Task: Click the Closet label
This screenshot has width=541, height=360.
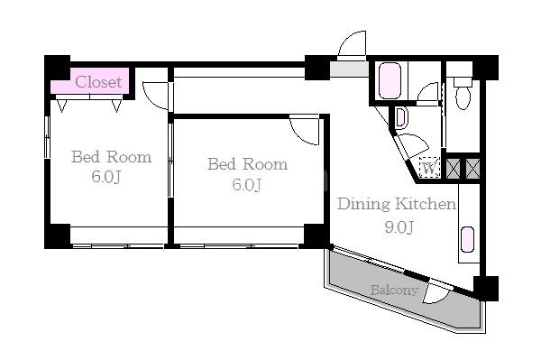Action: (x=98, y=82)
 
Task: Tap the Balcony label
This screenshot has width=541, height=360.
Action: (x=394, y=290)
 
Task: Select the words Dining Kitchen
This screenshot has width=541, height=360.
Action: (x=397, y=204)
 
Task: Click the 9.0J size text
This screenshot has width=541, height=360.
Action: (x=399, y=226)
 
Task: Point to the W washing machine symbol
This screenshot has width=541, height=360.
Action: (x=429, y=168)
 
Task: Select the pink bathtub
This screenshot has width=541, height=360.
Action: (x=390, y=80)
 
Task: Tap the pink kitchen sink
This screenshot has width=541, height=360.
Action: (x=467, y=239)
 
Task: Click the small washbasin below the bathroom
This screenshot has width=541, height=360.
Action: (x=401, y=118)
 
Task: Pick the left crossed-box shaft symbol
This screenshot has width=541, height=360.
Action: (x=454, y=169)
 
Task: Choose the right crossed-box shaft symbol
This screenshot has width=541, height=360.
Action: (x=472, y=169)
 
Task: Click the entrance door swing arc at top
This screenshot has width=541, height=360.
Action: (x=349, y=41)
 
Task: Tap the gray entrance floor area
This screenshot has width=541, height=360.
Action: (x=349, y=69)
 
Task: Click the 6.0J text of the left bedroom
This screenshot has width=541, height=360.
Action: (x=106, y=177)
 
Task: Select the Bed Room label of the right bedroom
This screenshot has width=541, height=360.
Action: (x=247, y=164)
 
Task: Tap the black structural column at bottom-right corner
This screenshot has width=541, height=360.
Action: (x=486, y=289)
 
